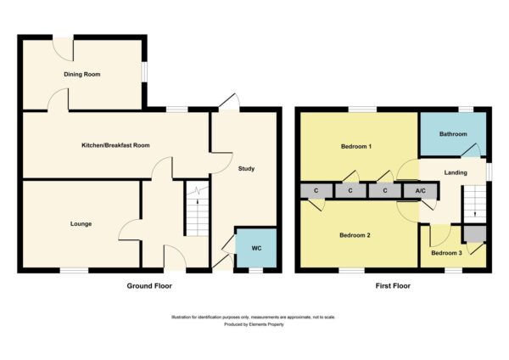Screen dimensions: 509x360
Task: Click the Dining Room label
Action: pos(81,75)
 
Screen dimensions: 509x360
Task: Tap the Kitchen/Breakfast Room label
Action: pos(115,145)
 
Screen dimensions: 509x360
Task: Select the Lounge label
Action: pos(81,224)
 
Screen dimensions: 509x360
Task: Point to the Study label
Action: pos(246,169)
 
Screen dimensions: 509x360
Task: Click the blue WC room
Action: pos(256,248)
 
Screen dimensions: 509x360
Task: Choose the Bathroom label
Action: pos(453,134)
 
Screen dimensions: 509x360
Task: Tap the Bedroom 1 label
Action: pos(356,147)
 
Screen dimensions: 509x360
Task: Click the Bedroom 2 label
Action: pos(355,235)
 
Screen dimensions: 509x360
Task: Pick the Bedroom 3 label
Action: pos(446,253)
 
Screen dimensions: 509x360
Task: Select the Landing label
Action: pos(456,172)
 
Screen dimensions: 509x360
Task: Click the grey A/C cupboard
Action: pos(420,191)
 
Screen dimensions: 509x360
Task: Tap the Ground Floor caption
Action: pos(149,286)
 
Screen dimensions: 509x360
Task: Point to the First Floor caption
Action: pos(393,286)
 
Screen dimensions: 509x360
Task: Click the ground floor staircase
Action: pos(198,209)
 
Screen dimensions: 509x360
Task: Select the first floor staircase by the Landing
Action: pos(474,204)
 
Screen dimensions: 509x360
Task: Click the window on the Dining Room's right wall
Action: pos(144,71)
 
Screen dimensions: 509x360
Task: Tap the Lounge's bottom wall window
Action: pos(74,270)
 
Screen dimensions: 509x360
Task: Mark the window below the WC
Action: pos(256,270)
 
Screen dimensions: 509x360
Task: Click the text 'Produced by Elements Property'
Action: pos(254,324)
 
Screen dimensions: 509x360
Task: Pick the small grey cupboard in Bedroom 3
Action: pos(474,234)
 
